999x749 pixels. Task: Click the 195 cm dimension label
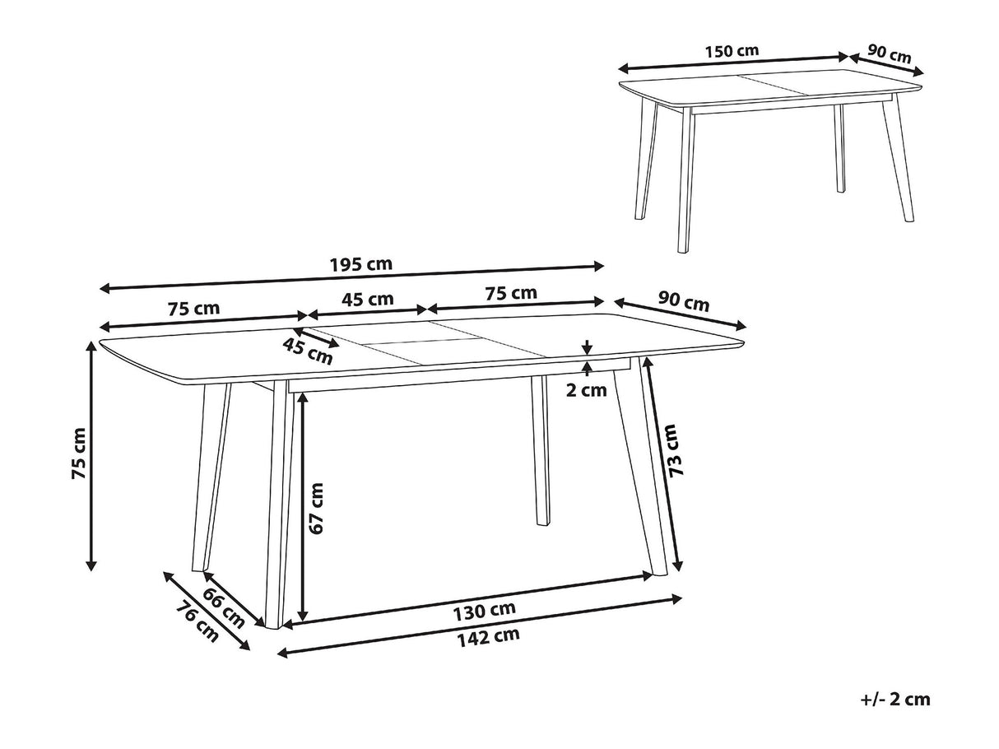point(360,264)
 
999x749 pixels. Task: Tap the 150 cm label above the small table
point(732,51)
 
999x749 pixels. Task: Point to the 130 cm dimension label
point(484,612)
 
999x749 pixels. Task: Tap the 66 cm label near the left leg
point(223,607)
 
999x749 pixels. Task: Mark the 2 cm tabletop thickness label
point(587,390)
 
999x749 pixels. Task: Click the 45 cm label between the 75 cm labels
point(368,299)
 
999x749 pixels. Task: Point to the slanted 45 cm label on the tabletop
point(308,351)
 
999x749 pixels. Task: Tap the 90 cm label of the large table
point(684,302)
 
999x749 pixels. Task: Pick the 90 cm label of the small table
point(890,53)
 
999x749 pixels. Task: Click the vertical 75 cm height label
point(79,453)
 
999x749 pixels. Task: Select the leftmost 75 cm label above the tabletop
point(194,308)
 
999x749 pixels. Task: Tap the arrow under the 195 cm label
point(352,277)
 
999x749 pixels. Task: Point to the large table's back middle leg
point(541,450)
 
